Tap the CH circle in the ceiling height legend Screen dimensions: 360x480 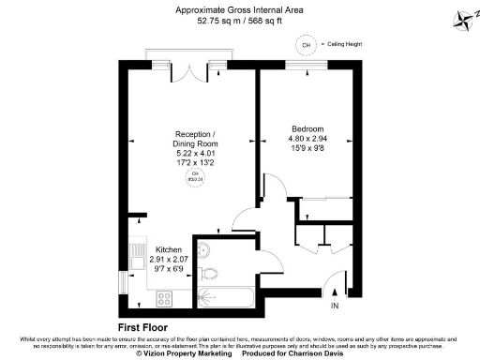click(x=305, y=44)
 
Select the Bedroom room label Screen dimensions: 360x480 click(x=307, y=128)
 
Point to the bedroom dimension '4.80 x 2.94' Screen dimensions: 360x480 click(x=307, y=139)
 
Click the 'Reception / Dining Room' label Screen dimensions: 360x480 click(x=197, y=139)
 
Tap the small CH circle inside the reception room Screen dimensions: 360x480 click(x=196, y=177)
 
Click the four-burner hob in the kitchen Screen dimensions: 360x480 click(x=163, y=299)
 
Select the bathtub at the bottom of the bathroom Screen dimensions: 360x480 click(x=225, y=299)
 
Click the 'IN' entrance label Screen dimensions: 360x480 click(x=335, y=306)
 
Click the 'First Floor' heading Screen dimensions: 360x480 click(x=142, y=326)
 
